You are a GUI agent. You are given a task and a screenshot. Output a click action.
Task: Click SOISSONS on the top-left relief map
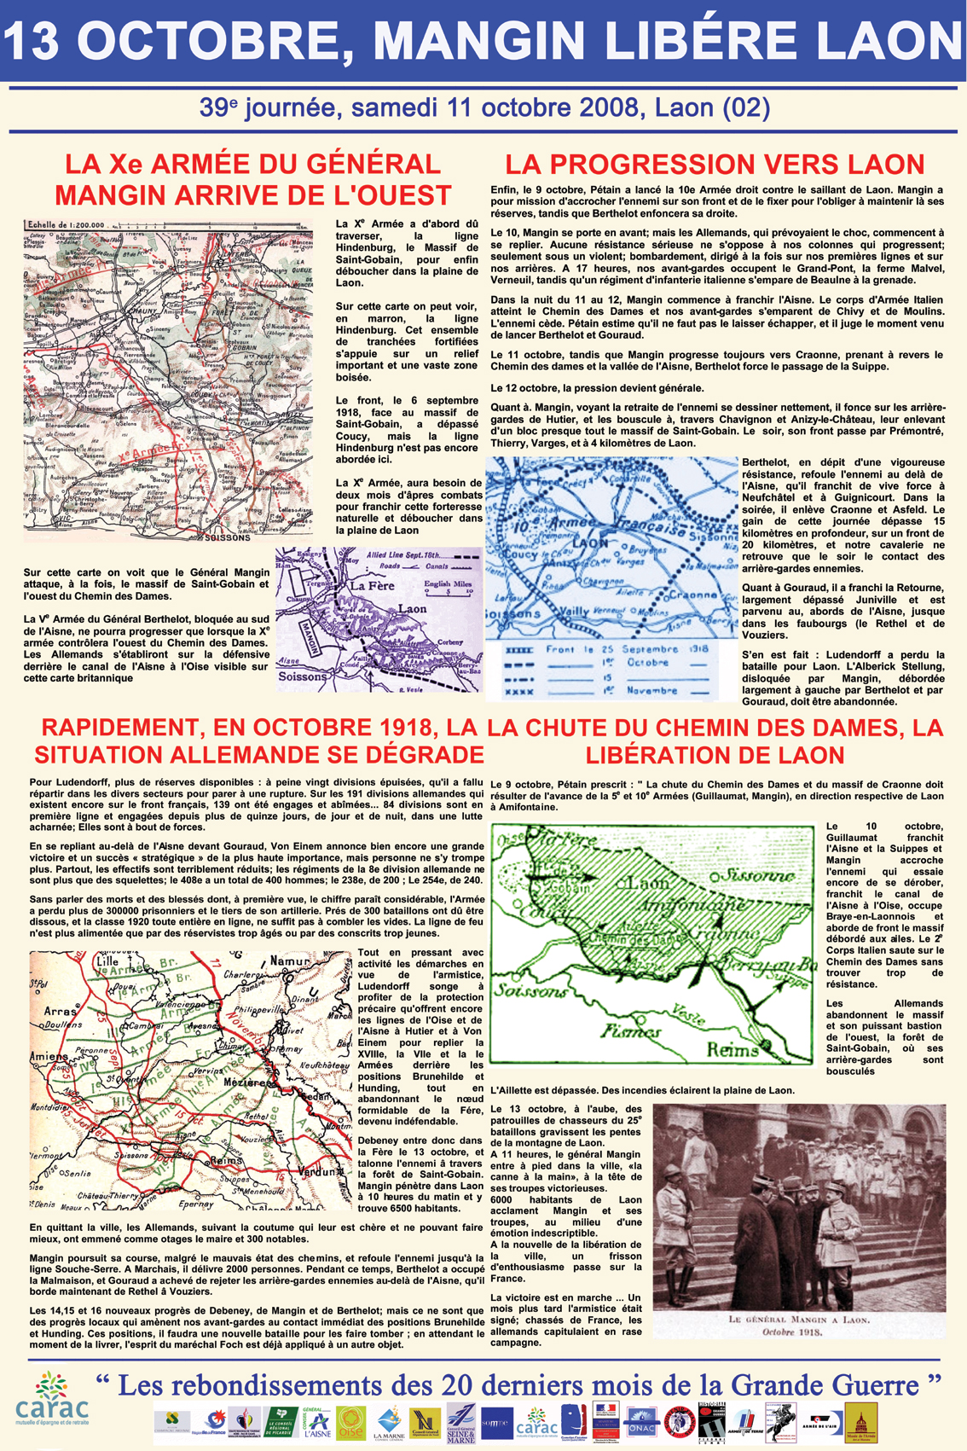(x=228, y=537)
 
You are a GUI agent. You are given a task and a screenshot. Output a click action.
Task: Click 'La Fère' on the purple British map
(x=372, y=586)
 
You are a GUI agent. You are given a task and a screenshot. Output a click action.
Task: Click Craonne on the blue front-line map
(x=692, y=595)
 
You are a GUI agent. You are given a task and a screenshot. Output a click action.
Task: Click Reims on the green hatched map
(x=732, y=1049)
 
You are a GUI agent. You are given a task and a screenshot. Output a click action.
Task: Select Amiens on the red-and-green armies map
(x=49, y=1056)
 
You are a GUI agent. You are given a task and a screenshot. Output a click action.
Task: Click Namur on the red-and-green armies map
(x=288, y=961)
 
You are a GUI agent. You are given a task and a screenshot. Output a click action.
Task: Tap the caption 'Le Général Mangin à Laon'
(x=798, y=1320)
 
